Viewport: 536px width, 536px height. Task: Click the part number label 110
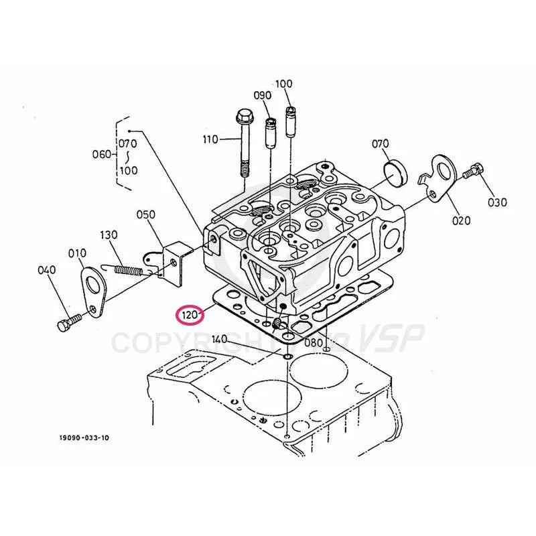click(210, 139)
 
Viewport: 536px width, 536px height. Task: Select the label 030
click(496, 202)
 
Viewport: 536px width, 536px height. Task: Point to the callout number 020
click(461, 220)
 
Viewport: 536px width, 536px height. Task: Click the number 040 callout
click(46, 270)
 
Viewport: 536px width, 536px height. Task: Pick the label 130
click(109, 235)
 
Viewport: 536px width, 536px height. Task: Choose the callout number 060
click(103, 155)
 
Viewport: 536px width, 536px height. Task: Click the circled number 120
click(190, 314)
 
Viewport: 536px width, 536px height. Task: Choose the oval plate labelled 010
click(92, 289)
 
